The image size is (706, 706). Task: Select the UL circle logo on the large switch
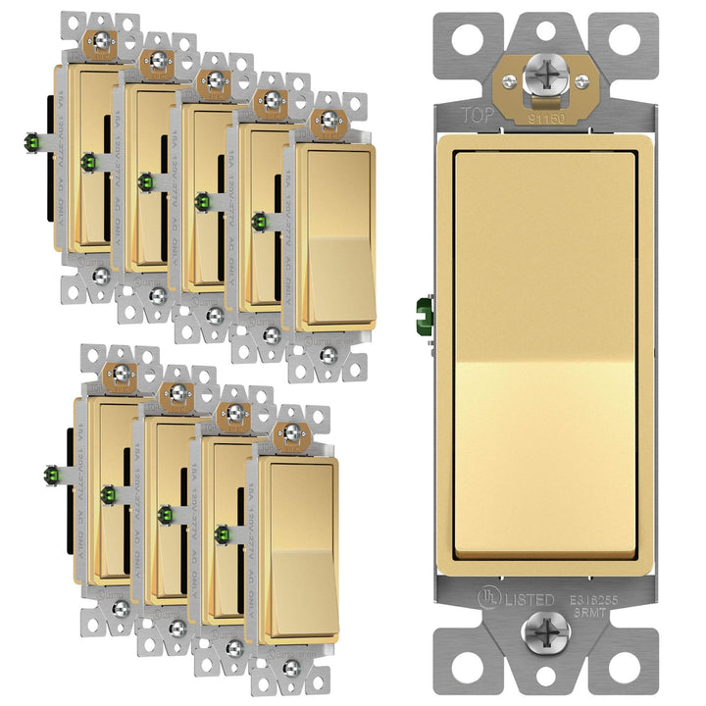point(480,599)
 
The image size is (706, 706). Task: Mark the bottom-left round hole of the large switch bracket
point(460,668)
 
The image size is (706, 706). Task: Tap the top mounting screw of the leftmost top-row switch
point(101,41)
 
